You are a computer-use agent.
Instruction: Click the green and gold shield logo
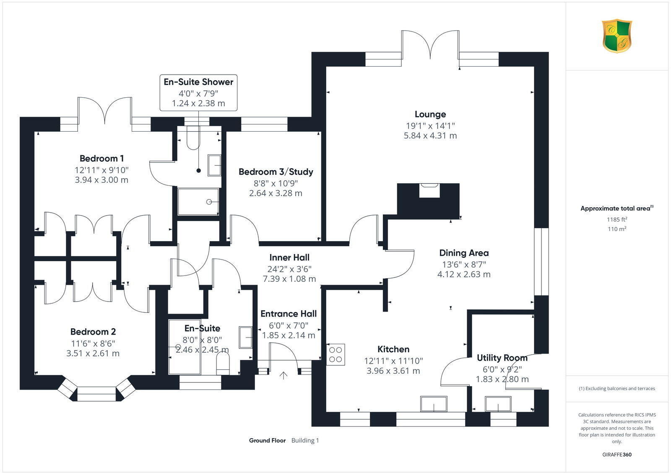tap(617, 36)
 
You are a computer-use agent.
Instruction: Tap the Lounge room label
tap(430, 114)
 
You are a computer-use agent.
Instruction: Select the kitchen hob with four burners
tap(335, 354)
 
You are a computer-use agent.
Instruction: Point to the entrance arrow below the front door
tap(284, 375)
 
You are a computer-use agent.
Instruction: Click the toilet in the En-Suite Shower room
tap(193, 140)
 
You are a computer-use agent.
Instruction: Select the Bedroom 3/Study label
tap(276, 172)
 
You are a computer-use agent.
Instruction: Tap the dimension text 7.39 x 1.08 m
tap(289, 279)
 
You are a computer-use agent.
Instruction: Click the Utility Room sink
tap(498, 404)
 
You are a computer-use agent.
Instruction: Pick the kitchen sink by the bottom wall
tap(434, 404)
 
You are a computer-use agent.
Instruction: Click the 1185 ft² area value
tap(616, 219)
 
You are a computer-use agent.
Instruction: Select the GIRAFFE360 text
tap(616, 455)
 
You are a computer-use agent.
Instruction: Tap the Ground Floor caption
tap(267, 440)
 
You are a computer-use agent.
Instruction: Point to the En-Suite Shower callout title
tap(198, 82)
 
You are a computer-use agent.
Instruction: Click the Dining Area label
tap(464, 253)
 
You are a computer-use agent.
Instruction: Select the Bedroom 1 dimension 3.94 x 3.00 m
tap(101, 180)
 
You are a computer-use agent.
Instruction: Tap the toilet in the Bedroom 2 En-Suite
tap(223, 362)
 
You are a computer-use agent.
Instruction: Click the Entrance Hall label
tap(289, 314)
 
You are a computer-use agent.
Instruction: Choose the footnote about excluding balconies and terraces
tap(616, 388)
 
